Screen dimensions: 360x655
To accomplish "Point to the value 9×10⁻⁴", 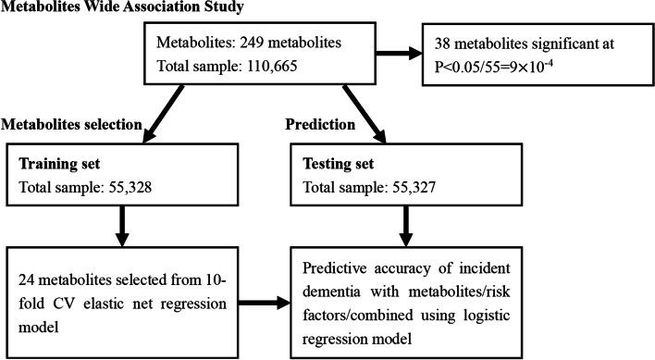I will coord(575,68).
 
